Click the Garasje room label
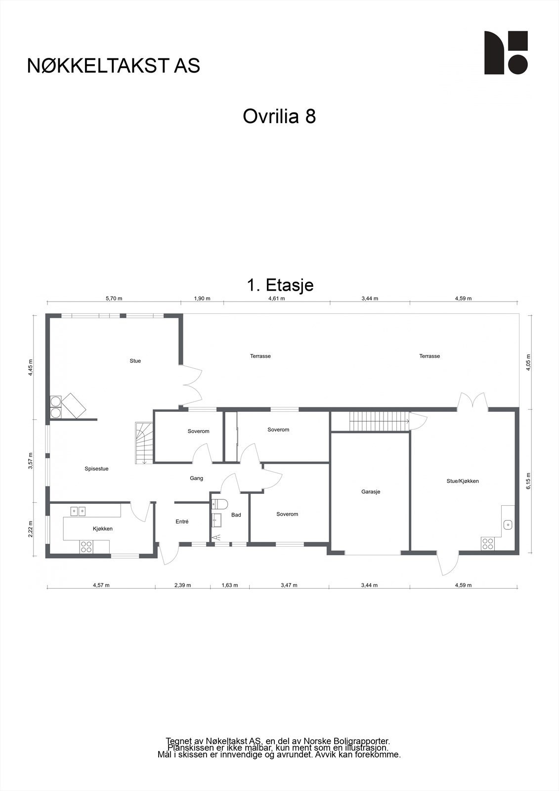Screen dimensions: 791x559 pos(371,492)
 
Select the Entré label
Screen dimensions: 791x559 pos(182,522)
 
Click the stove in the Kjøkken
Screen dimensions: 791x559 pos(86,546)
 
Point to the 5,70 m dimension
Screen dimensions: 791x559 pos(114,299)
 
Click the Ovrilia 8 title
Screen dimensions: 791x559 pos(279,117)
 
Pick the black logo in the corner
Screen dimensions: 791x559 pos(506,53)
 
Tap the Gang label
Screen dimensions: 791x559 pos(197,478)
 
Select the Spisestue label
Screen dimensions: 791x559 pos(96,469)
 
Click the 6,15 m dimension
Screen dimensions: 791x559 pos(528,481)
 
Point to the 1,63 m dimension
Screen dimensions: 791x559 pos(229,585)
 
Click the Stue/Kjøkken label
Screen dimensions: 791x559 pos(463,481)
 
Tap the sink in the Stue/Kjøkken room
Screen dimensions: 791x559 pos(507,525)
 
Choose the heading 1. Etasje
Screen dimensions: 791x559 pos(280,285)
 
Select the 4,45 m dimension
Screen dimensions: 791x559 pos(31,367)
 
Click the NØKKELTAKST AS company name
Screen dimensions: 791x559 pos(114,66)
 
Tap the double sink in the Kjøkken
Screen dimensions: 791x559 pos(78,511)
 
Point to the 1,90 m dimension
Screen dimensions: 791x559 pos(202,299)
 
